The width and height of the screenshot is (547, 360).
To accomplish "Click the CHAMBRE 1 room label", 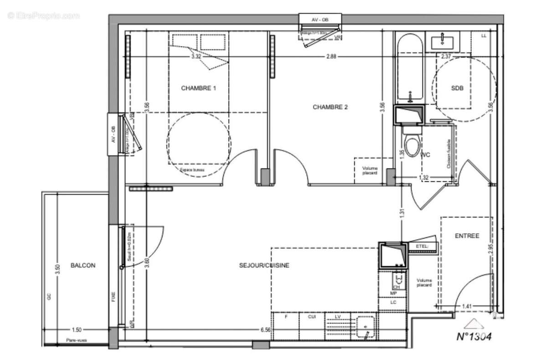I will click(198, 88).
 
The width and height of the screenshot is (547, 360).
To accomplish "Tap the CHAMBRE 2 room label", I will click(330, 107).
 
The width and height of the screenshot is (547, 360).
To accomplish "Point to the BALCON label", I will click(83, 265).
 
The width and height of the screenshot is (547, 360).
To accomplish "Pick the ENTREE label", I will click(467, 236).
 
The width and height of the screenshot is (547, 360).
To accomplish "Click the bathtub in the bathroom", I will click(410, 68).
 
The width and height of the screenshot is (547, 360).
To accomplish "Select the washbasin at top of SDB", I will click(443, 41).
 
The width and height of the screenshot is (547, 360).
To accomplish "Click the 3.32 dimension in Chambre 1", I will click(196, 56).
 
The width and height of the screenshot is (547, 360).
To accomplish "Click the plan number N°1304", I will click(474, 337).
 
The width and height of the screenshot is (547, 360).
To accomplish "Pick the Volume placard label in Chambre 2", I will click(370, 170).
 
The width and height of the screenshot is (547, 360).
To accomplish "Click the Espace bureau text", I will click(192, 170).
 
